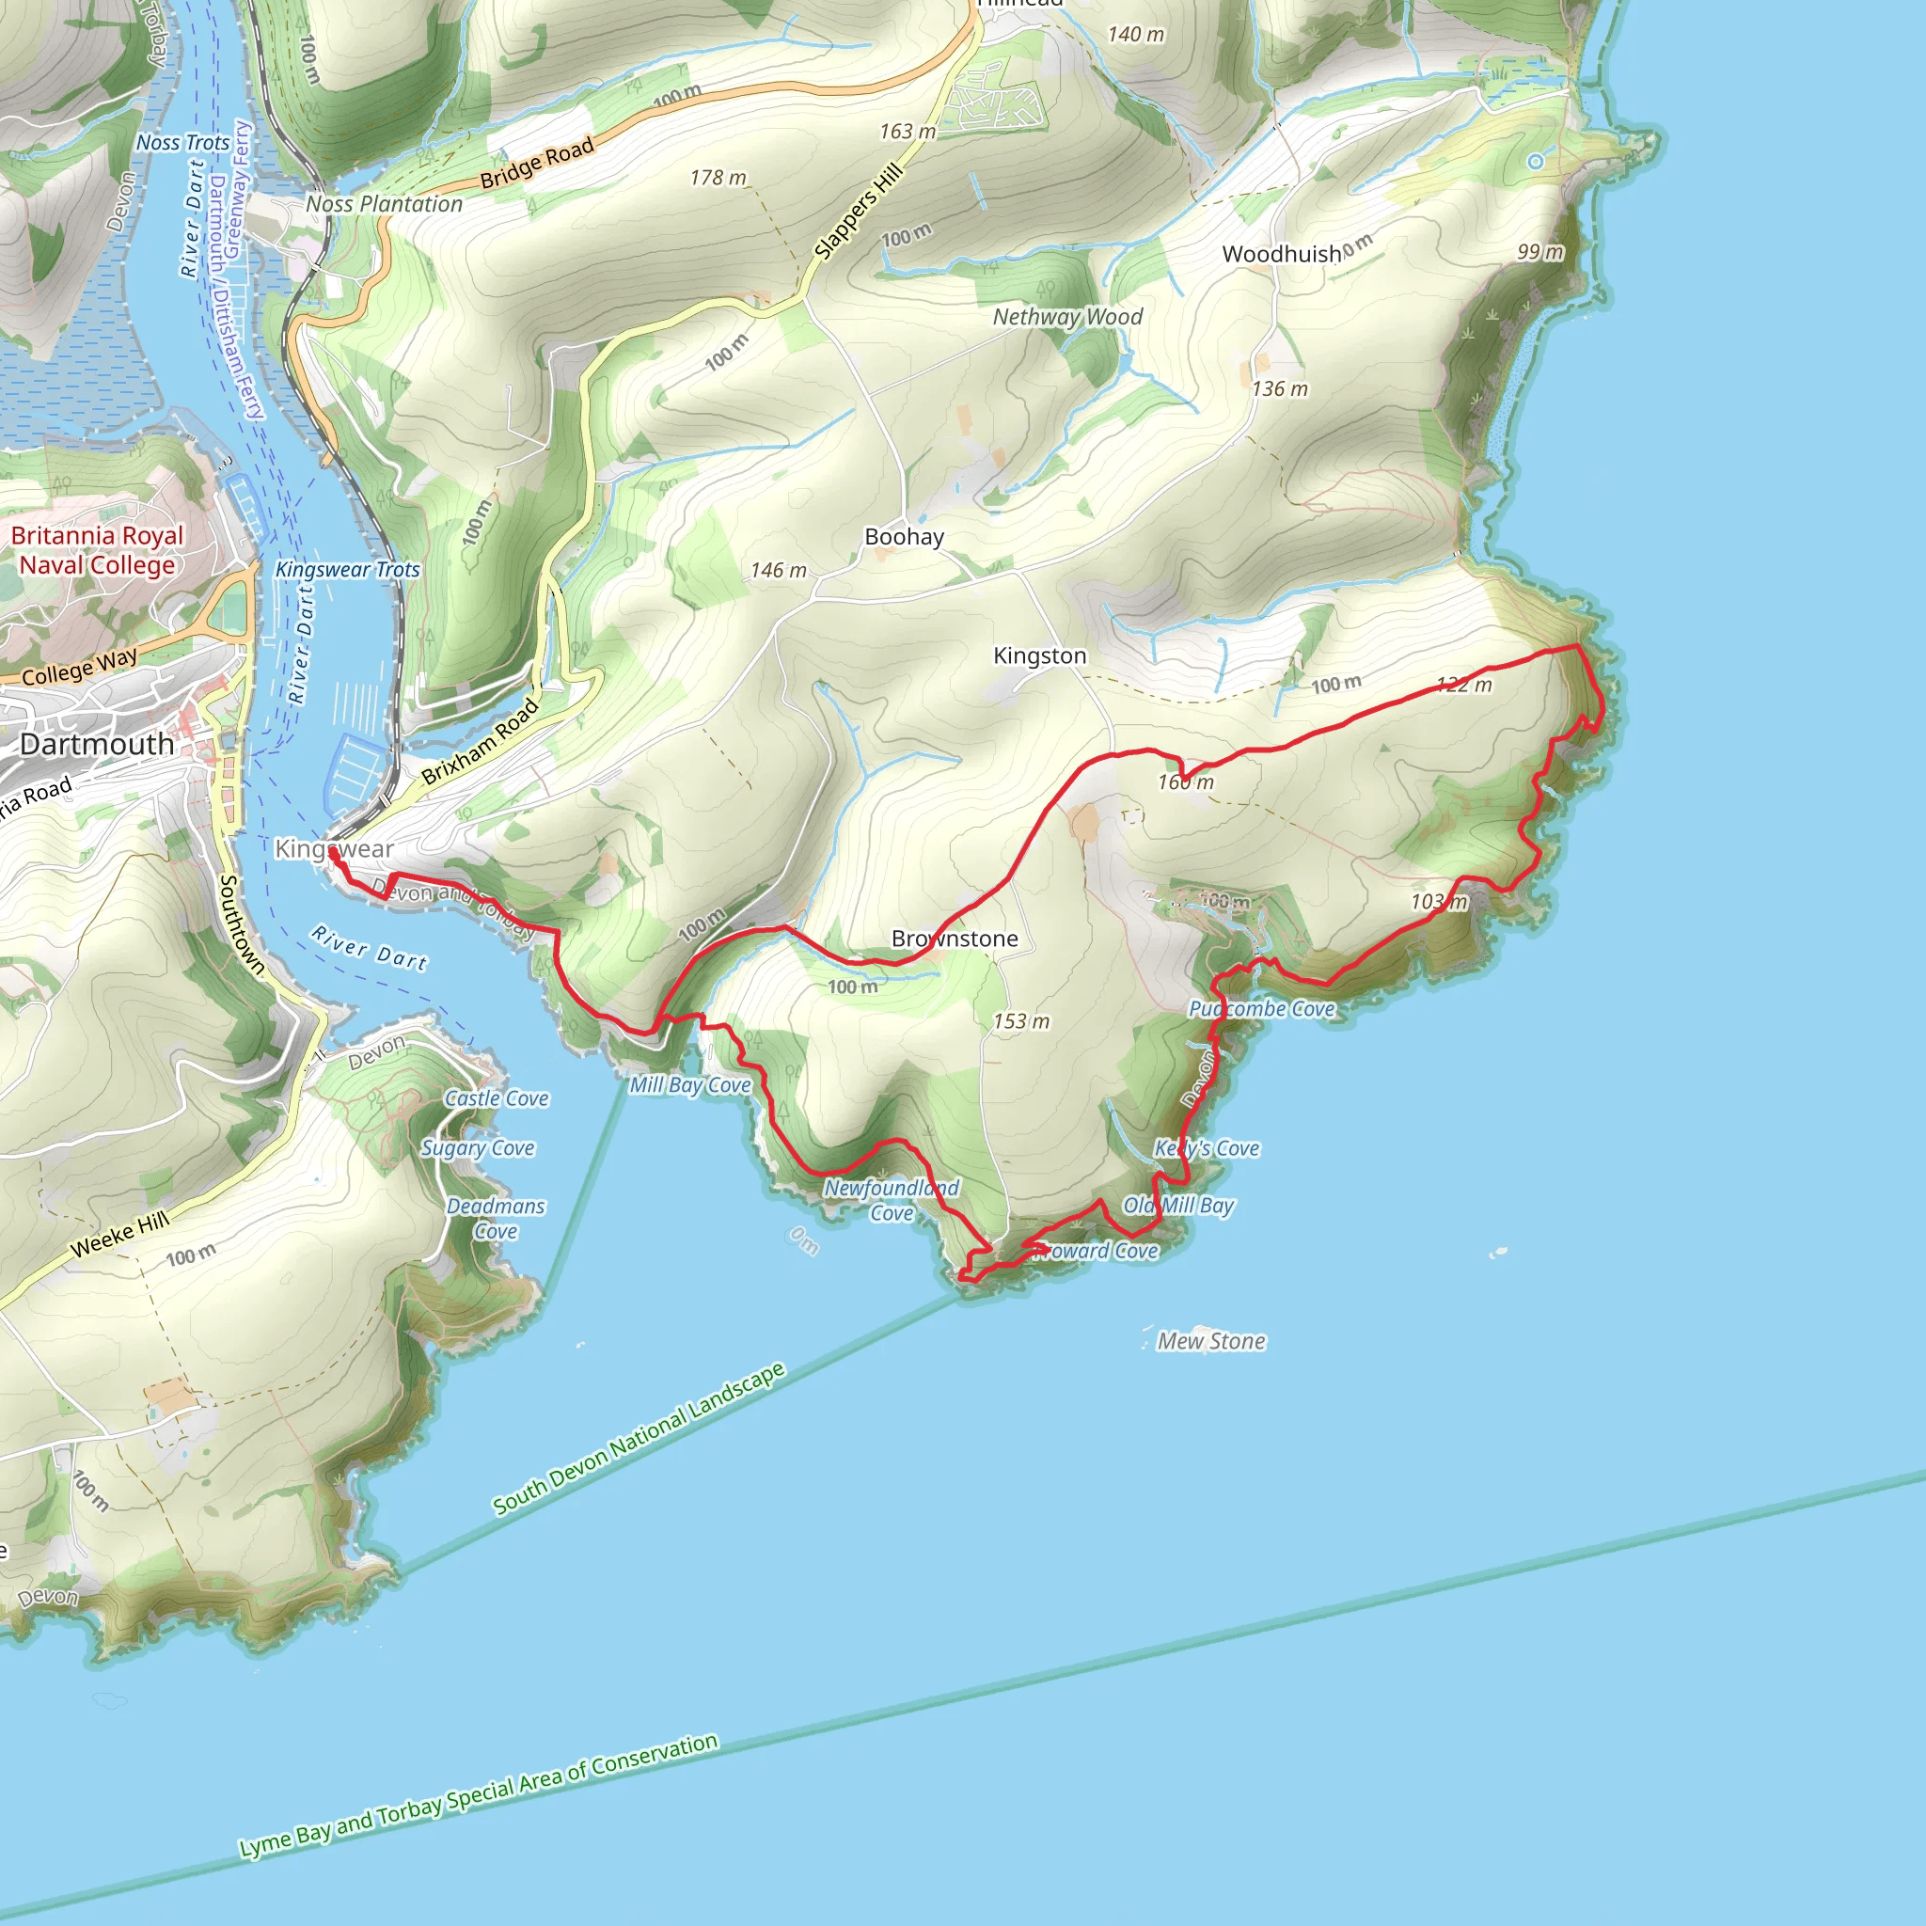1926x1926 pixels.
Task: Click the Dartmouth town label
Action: pyautogui.click(x=97, y=745)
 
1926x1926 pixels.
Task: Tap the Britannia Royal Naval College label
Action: pyautogui.click(x=97, y=550)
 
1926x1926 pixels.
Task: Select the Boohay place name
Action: pyautogui.click(x=903, y=537)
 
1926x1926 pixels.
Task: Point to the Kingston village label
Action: pyautogui.click(x=1039, y=656)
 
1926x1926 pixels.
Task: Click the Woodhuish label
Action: pyautogui.click(x=1281, y=254)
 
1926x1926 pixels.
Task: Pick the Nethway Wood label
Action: pyautogui.click(x=1066, y=317)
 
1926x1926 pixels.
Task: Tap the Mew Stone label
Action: pyautogui.click(x=1210, y=1342)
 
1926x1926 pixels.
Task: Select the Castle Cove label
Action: pyautogui.click(x=497, y=1098)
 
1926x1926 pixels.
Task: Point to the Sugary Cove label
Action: pyautogui.click(x=478, y=1148)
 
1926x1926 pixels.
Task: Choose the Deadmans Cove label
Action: pyautogui.click(x=496, y=1218)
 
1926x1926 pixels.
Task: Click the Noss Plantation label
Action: pyautogui.click(x=384, y=204)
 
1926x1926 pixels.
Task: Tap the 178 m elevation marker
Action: pyautogui.click(x=718, y=178)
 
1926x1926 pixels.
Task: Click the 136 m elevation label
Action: pyautogui.click(x=1279, y=388)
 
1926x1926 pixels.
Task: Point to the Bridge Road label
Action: pyautogui.click(x=536, y=164)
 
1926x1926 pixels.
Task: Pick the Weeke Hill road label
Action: pyautogui.click(x=119, y=1234)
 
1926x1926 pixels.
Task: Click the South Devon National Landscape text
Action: pyautogui.click(x=639, y=1438)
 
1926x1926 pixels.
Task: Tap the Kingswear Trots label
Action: pyautogui.click(x=347, y=569)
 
